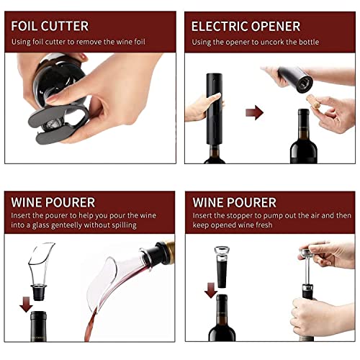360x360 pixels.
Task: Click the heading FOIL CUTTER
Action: click(x=50, y=26)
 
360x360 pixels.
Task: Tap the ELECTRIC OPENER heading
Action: click(x=245, y=26)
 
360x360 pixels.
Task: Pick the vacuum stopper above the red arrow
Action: click(x=221, y=266)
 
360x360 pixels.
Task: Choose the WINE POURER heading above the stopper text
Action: click(x=233, y=202)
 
